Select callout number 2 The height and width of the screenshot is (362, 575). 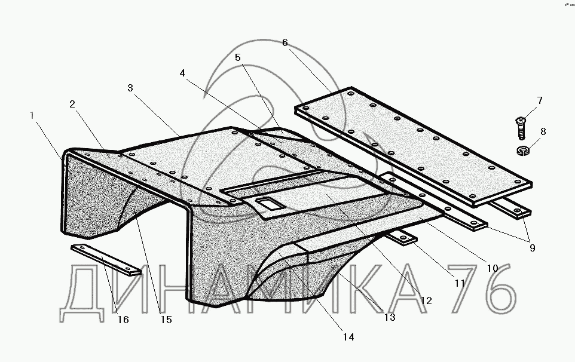72,104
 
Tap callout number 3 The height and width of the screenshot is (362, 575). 130,88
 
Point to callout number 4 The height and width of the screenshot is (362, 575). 182,73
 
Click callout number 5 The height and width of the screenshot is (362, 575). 238,57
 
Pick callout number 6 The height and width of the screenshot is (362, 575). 285,42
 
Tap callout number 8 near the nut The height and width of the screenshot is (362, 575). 543,131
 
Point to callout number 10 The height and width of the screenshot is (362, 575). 491,268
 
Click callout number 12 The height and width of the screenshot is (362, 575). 426,300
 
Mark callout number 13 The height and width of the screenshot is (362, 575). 390,317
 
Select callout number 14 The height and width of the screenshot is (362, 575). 348,337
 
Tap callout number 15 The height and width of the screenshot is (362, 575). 166,320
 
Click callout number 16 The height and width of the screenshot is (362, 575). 123,320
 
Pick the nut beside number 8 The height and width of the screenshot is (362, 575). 522,149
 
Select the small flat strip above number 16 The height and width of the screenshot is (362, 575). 105,259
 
